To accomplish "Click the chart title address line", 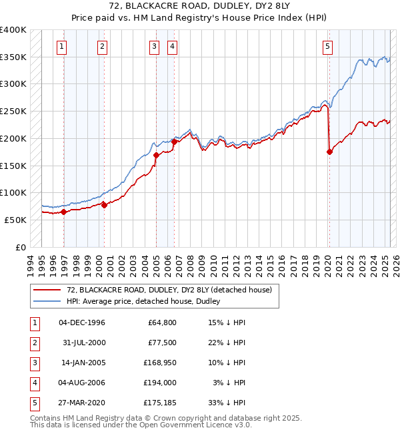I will click(x=199, y=8).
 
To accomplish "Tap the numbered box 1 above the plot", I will click(x=61, y=47).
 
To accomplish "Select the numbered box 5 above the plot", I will click(x=328, y=47).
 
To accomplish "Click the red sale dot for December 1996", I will click(x=64, y=212).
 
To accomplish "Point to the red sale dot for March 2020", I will click(x=329, y=152).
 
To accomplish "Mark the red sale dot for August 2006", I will click(x=174, y=142).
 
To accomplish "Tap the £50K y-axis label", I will click(x=15, y=220).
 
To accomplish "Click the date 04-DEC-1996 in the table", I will click(x=82, y=322).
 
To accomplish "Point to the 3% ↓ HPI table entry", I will click(x=232, y=383).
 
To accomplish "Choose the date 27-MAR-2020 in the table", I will click(x=83, y=403).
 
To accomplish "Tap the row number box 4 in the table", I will click(x=33, y=383).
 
